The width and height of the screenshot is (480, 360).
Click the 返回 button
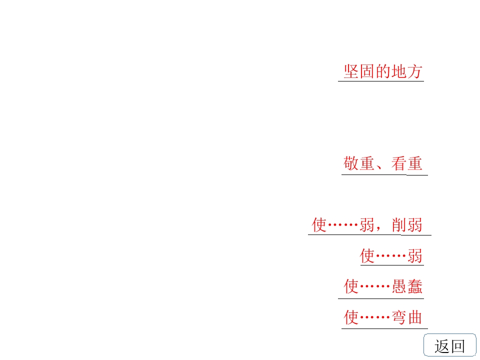[x=449, y=345]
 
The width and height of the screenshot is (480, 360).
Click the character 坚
[x=351, y=71]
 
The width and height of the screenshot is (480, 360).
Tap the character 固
[x=367, y=71]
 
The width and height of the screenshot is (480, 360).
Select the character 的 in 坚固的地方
[x=383, y=71]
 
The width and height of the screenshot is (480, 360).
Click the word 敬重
[x=359, y=163]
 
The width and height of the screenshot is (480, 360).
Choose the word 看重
[x=407, y=163]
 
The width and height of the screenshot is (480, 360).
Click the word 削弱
[x=407, y=225]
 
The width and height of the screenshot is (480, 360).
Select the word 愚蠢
[x=407, y=286]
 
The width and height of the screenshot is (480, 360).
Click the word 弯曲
[x=407, y=317]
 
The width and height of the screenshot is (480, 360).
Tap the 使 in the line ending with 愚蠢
[x=351, y=286]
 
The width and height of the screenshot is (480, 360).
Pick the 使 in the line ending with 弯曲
[x=351, y=317]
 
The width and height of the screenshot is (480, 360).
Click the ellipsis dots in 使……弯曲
[x=375, y=317]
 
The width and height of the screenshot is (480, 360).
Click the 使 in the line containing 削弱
[x=319, y=225]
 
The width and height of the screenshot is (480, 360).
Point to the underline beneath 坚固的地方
[x=381, y=81]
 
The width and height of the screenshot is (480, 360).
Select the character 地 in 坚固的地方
[x=399, y=71]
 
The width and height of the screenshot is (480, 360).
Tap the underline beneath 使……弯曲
[x=384, y=328]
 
